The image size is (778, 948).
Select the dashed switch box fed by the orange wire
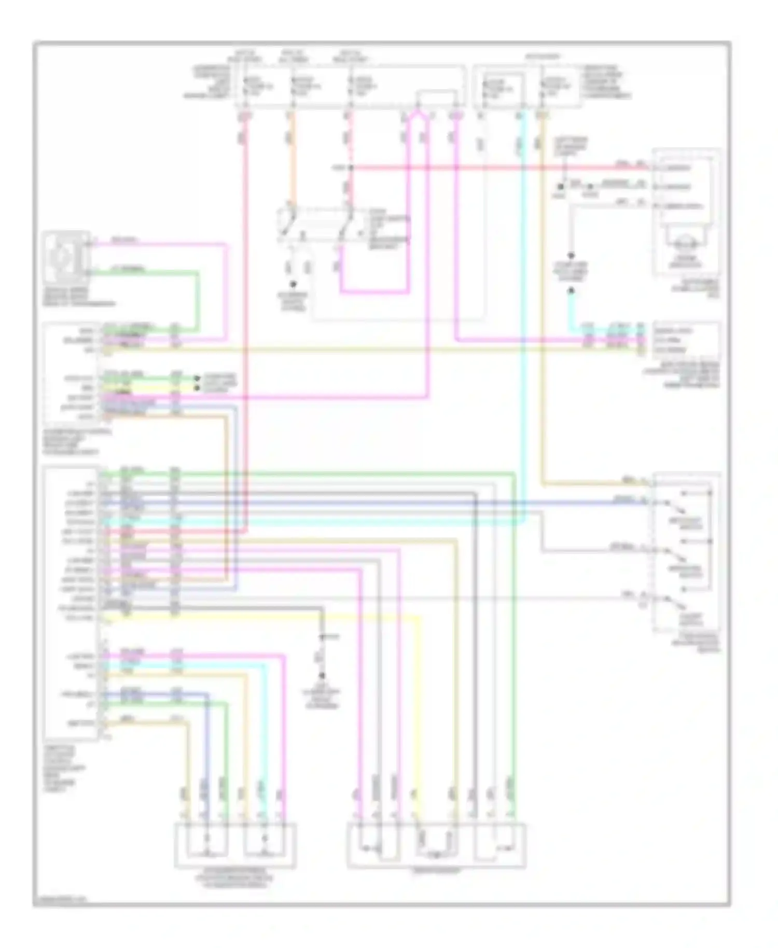316,225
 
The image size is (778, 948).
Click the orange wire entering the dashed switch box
291,166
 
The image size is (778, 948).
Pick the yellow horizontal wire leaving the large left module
363,350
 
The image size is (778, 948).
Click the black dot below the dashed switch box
293,284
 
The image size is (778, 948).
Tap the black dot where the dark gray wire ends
322,676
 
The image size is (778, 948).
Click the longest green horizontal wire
311,472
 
